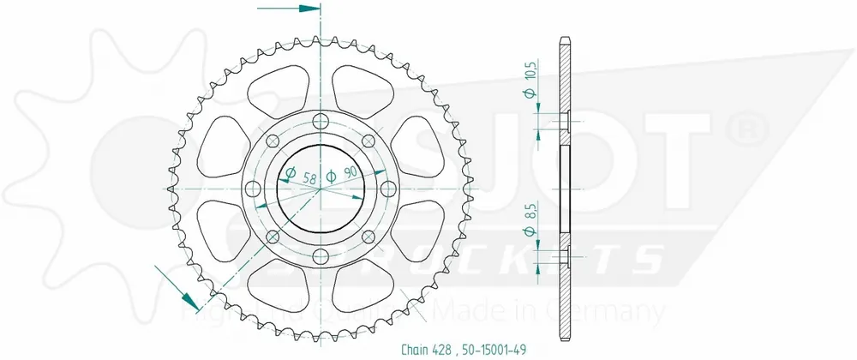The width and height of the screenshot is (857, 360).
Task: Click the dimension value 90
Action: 349,174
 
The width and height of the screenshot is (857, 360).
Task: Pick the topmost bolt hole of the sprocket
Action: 321,119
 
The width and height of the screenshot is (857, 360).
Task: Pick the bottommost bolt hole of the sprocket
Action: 321,255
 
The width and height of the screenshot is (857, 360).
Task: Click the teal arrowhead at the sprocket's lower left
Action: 191,302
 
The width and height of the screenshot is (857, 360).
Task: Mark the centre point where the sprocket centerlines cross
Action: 321,187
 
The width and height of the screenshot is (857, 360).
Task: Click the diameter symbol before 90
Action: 331,174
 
